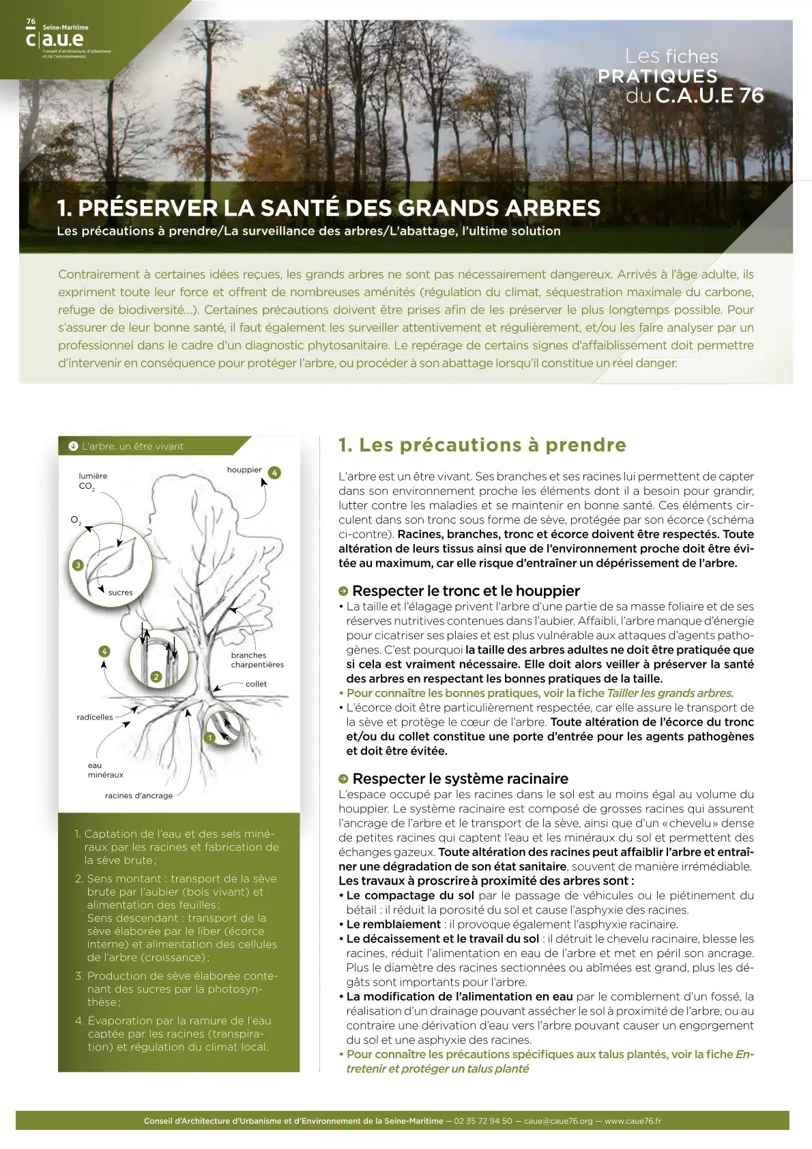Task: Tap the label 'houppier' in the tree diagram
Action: [244, 470]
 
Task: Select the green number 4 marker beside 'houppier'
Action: [274, 472]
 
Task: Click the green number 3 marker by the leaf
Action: [78, 565]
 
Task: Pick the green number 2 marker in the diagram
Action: [156, 677]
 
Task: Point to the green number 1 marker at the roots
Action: [210, 737]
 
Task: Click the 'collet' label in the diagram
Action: [257, 683]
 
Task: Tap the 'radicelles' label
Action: [95, 717]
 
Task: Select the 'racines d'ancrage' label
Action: [139, 795]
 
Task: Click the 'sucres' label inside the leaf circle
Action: [121, 593]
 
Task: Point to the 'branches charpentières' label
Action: [257, 659]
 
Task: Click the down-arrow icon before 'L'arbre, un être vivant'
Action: [73, 446]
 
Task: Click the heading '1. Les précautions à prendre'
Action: [482, 445]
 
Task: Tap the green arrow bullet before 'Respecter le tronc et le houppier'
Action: [343, 591]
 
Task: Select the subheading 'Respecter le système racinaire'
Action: [460, 778]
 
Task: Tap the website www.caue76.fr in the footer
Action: [633, 1121]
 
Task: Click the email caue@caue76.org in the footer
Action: [558, 1121]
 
